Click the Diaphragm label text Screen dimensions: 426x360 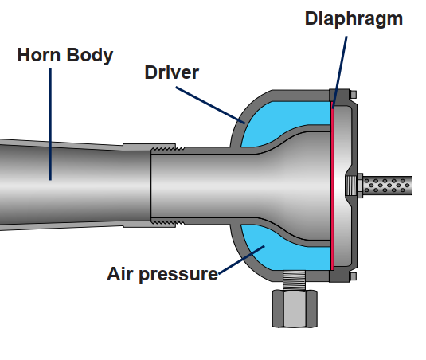(x=354, y=19)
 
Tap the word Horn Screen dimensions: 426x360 (x=39, y=55)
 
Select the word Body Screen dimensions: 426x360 (x=90, y=56)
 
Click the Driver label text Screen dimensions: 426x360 (x=172, y=72)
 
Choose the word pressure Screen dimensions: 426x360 (x=178, y=276)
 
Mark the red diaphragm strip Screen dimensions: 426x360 (x=332, y=186)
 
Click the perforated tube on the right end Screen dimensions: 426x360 (x=388, y=186)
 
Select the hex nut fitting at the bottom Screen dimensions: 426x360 (x=295, y=308)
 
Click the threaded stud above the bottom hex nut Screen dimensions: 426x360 (x=295, y=280)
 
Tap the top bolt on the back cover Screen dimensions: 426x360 (x=354, y=95)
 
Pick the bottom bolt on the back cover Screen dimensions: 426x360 (x=354, y=276)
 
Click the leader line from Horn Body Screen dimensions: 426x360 (x=50, y=124)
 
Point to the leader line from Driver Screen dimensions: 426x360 (x=210, y=105)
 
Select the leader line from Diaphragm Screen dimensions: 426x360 (x=339, y=72)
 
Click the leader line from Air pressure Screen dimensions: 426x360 (x=241, y=260)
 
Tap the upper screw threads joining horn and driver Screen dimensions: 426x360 (x=168, y=149)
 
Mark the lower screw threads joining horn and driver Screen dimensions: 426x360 (x=168, y=223)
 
